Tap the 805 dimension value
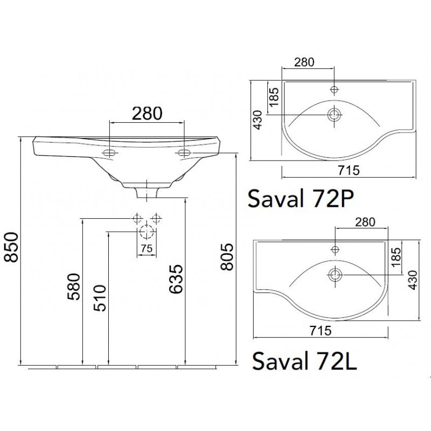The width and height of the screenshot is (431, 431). [x=227, y=257]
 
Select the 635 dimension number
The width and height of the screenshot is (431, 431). [x=176, y=279]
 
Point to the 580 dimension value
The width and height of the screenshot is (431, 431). [x=74, y=287]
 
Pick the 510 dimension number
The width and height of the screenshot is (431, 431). [x=100, y=298]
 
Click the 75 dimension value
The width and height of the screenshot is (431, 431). [x=147, y=248]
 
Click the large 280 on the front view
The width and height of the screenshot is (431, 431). [x=147, y=113]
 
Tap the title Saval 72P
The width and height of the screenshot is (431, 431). [x=301, y=198]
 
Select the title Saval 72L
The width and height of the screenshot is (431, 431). [x=304, y=361]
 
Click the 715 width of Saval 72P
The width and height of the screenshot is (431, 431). [x=349, y=170]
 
